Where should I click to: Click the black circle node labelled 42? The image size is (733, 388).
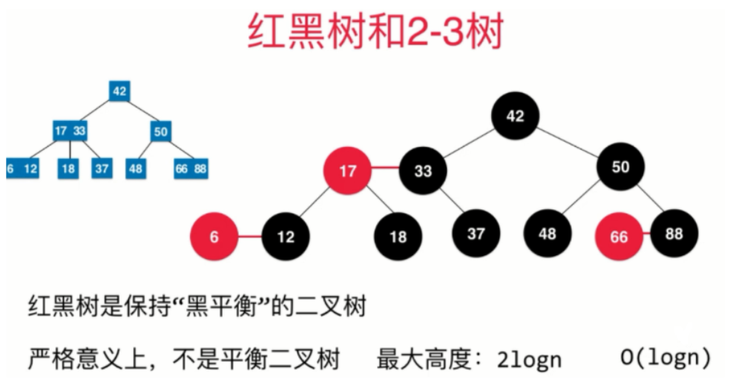515,116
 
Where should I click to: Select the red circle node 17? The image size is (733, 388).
347,171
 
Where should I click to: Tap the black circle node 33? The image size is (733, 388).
423,171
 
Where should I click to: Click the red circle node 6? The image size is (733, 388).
214,237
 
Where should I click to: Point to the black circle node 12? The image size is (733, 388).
286,237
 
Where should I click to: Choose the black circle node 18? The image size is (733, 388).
398,237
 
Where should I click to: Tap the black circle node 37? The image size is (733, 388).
476,234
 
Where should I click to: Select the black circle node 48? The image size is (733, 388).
548,234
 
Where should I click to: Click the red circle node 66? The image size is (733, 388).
619,237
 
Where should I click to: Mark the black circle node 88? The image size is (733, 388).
674,234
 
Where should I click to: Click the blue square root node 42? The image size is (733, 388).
119,91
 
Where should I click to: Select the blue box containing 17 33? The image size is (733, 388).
70,131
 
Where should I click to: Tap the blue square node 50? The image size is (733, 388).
161,131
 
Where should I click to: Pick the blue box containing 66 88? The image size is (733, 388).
191,168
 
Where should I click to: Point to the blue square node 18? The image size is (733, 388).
68,168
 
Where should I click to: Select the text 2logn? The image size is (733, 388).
530,359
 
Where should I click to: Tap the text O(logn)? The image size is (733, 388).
665,358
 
